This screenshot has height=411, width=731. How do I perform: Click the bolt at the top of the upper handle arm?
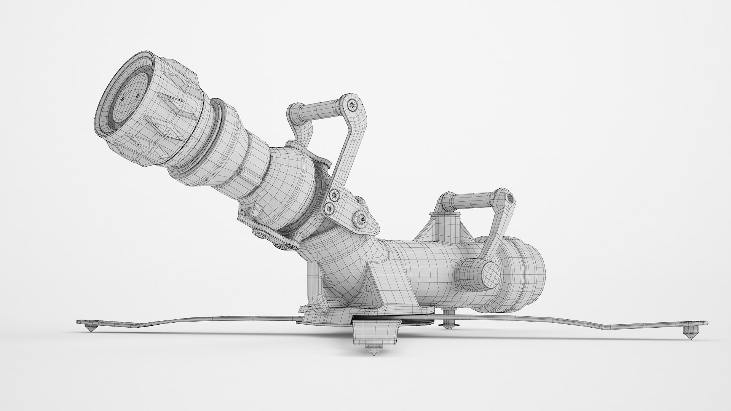click(x=354, y=105)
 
